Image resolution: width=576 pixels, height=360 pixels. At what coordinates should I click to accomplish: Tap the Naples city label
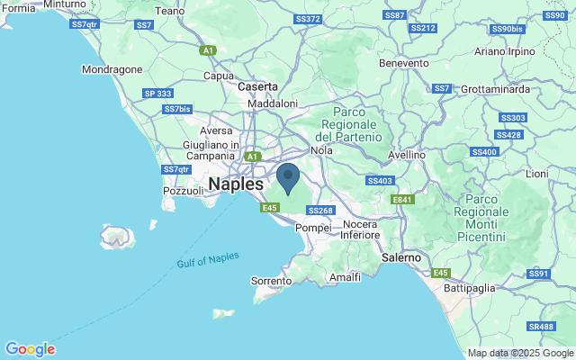(x=236, y=184)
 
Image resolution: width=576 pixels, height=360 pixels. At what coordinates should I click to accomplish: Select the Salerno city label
(x=401, y=257)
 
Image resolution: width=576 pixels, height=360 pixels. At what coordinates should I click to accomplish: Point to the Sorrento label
(x=271, y=281)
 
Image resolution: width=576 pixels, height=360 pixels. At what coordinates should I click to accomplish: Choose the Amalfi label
(x=345, y=278)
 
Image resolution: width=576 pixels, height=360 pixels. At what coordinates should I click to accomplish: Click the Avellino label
(x=406, y=155)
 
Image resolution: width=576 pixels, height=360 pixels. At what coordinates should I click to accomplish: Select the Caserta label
(x=258, y=86)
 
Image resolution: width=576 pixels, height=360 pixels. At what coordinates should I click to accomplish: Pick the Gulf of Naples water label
(x=208, y=259)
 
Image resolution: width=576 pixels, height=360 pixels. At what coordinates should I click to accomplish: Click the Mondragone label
(x=112, y=68)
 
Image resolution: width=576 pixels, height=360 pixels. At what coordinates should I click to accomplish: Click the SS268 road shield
(x=321, y=211)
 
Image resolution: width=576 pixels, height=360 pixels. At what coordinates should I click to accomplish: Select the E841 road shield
(x=402, y=200)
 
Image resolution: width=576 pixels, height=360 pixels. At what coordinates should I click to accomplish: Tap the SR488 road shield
(x=541, y=327)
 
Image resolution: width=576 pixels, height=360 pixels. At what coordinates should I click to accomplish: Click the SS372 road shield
(x=307, y=18)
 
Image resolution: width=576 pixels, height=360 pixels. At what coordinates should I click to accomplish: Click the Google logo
(x=30, y=348)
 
